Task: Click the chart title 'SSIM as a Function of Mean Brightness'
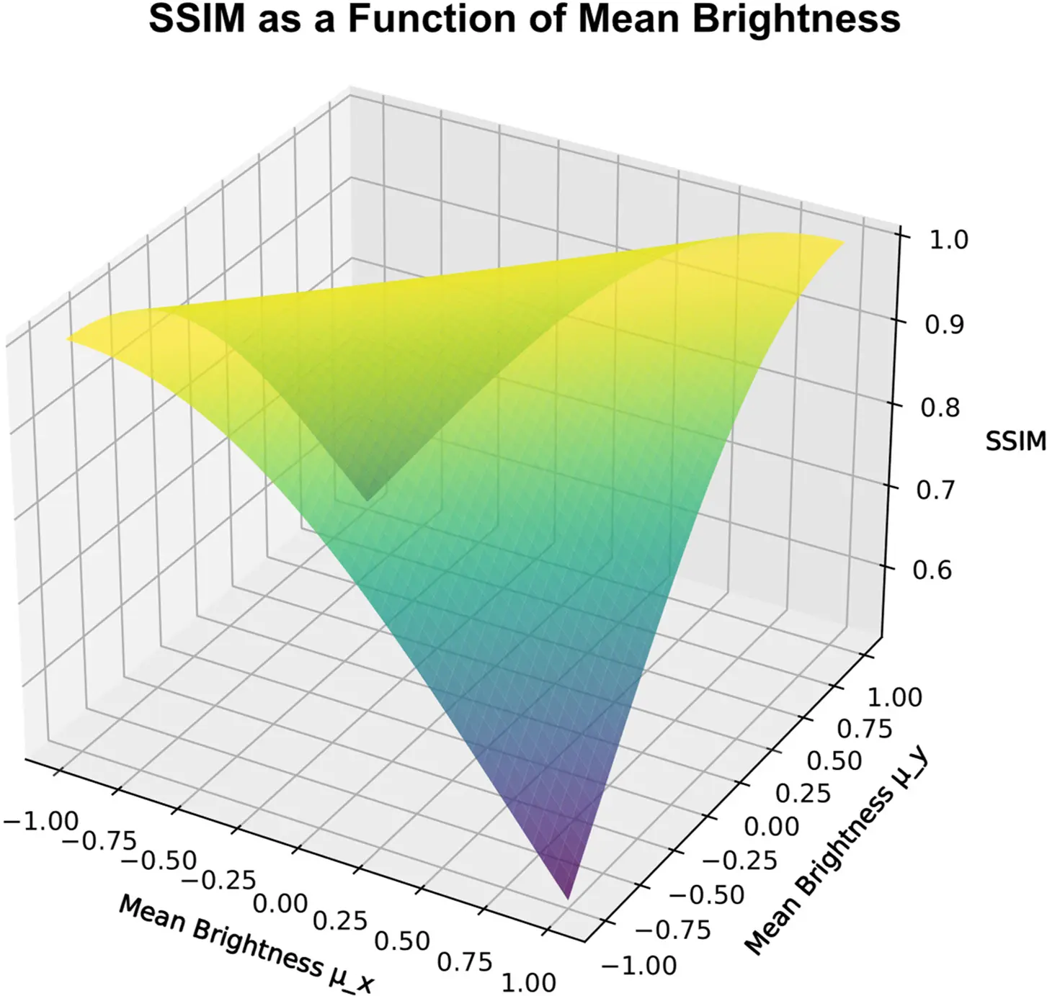524,19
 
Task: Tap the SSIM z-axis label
1015,441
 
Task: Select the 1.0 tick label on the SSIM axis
948,240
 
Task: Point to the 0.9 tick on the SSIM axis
944,325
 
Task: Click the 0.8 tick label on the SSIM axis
940,408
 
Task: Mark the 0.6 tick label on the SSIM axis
932,570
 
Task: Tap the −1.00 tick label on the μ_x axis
41,821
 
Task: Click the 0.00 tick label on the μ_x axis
280,902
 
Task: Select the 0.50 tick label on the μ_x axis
403,941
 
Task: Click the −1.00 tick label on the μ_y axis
638,965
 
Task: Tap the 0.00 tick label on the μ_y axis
771,826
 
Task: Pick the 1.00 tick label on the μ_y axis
894,697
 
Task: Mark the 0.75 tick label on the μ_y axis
864,729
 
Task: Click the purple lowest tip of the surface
567,893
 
